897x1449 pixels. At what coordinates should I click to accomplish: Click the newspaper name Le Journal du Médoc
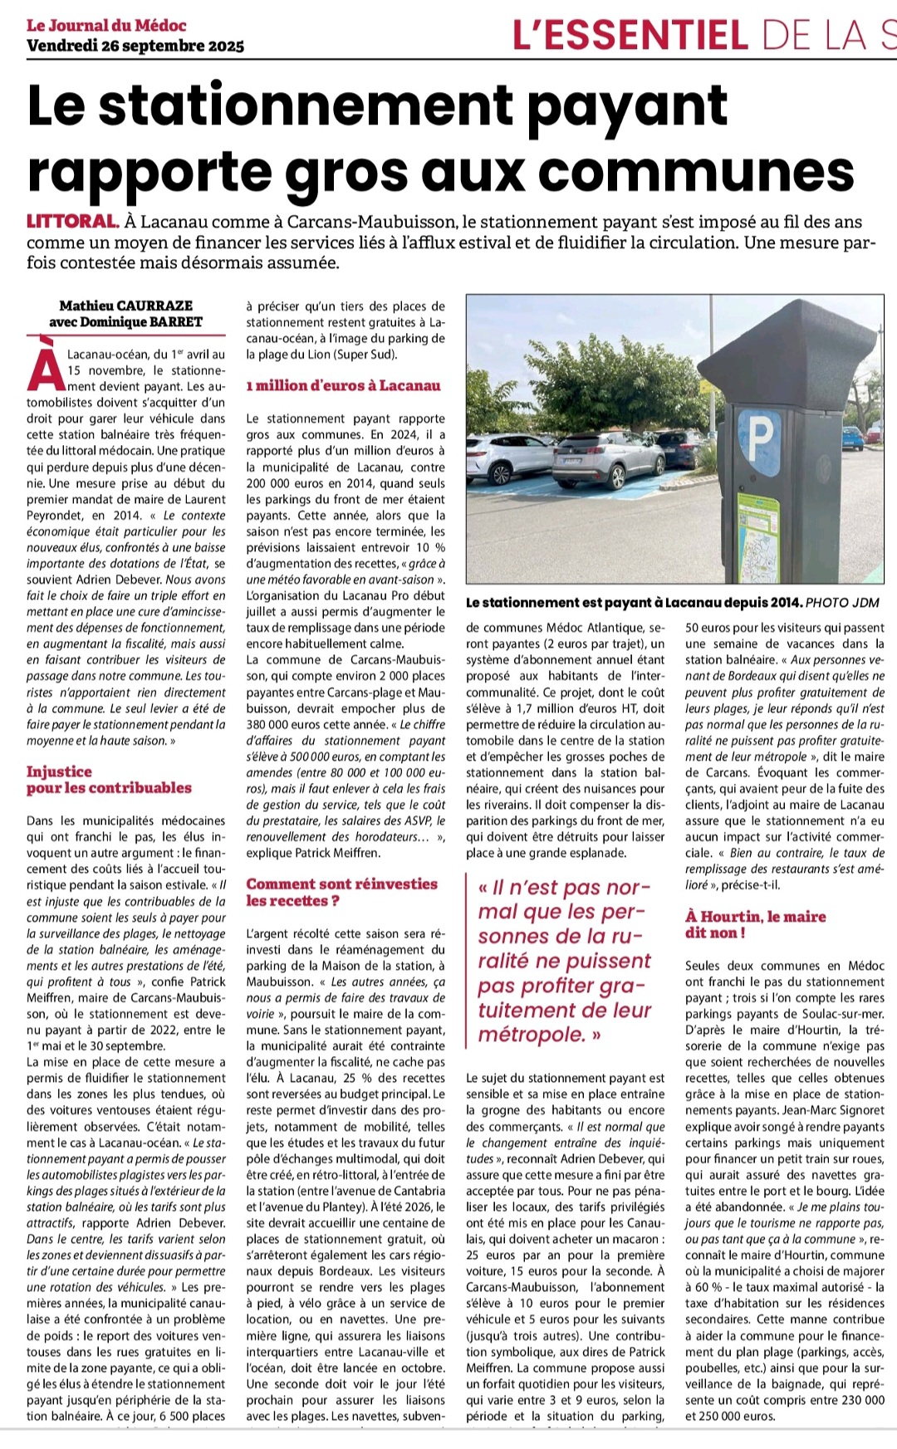106,25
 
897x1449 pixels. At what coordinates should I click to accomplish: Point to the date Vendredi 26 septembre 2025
135,46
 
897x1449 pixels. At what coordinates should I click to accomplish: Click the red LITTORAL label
72,222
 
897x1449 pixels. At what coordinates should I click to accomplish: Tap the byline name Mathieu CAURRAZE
126,306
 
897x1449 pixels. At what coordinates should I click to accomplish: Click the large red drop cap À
45,366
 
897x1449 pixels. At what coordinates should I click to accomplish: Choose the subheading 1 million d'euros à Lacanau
343,386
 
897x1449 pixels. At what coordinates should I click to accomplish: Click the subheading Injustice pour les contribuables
108,780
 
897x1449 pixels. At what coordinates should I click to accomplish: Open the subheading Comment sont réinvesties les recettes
341,892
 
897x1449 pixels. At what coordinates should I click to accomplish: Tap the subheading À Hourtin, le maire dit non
755,924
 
